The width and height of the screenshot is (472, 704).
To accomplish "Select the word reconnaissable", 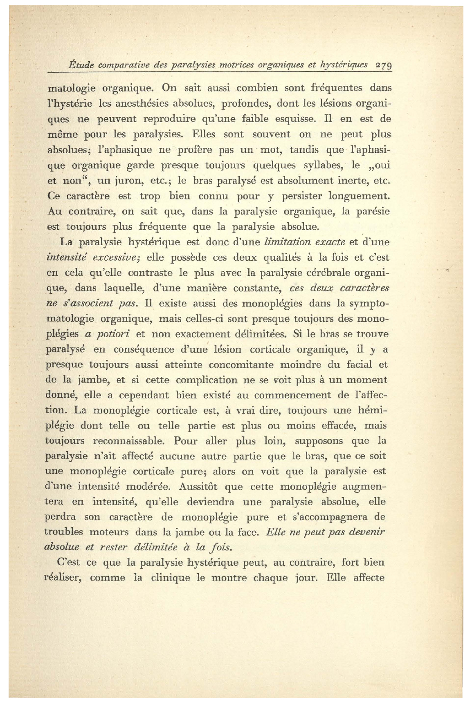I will click(x=129, y=441).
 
